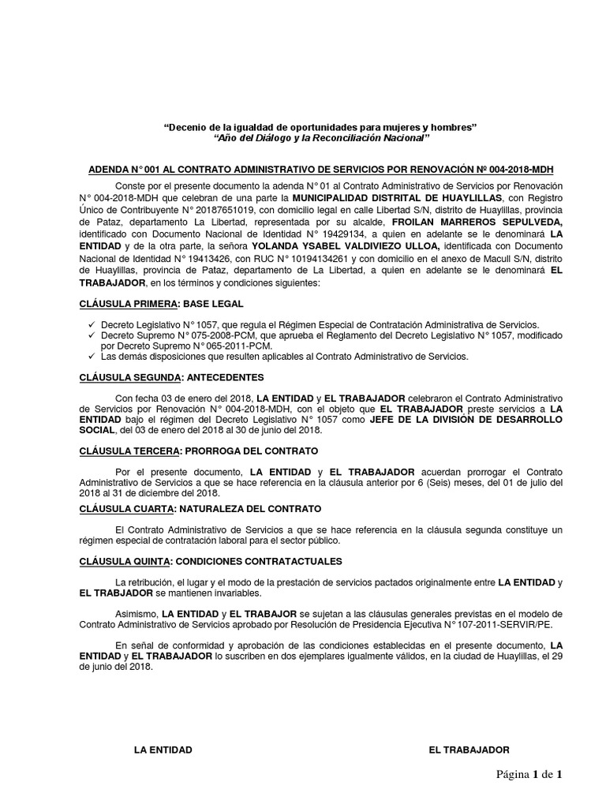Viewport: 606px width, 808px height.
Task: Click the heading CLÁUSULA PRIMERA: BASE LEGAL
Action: (162, 304)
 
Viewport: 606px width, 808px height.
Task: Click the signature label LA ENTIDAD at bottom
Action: (163, 750)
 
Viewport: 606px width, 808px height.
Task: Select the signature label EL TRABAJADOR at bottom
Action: (469, 750)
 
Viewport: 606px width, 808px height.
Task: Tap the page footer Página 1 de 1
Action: (529, 775)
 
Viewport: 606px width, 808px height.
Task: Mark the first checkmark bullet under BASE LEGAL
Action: (92, 324)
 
